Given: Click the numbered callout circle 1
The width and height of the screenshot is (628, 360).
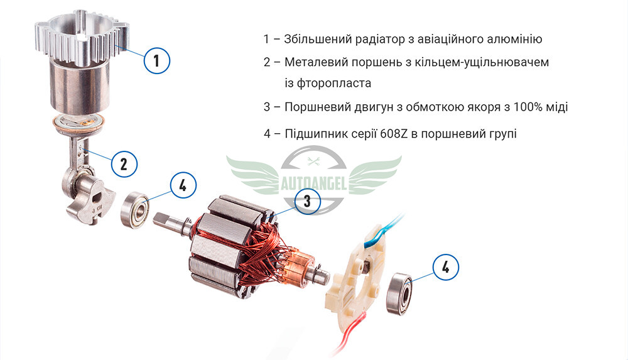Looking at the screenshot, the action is coord(156,61).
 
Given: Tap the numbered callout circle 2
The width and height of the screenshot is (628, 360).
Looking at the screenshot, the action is coord(124,164).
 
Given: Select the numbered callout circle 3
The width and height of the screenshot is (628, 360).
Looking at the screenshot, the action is coord(307,201).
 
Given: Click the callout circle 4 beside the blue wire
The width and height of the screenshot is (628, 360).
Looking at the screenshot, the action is coord(446,267).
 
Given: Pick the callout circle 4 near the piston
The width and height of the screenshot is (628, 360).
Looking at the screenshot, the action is coord(183,185).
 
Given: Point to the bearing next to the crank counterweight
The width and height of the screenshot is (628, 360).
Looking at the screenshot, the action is coord(135,210).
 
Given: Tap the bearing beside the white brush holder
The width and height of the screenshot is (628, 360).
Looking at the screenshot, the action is coord(399,293).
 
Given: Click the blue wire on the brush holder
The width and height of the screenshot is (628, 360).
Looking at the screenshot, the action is coord(382,232).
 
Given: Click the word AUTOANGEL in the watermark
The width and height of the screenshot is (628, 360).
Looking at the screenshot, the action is coord(313,185).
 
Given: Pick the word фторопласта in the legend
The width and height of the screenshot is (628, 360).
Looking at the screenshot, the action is coord(328,84).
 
